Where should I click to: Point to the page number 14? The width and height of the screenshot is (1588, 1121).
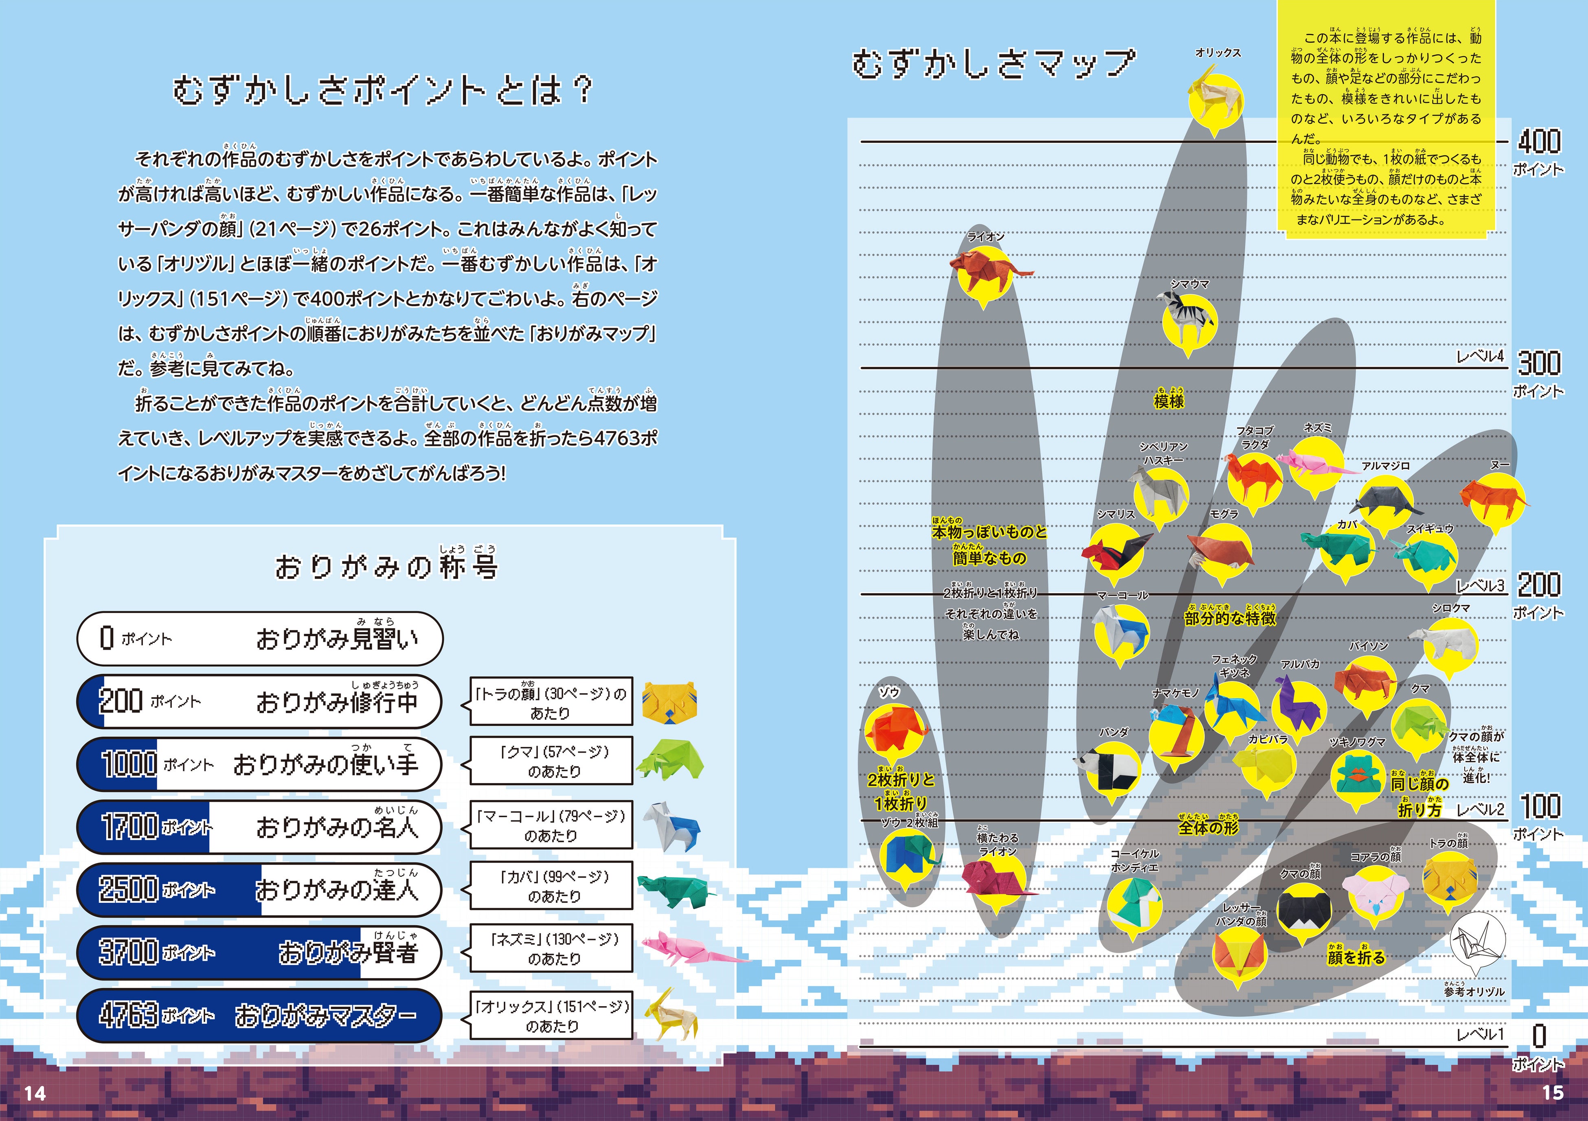tap(35, 1093)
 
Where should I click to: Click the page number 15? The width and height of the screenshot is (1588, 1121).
tap(1553, 1092)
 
